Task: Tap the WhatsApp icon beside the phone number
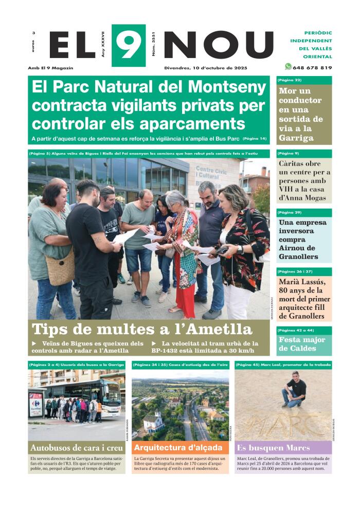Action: click(288, 67)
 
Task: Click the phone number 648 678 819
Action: click(312, 67)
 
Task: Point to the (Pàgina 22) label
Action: click(290, 80)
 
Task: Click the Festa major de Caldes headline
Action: click(302, 344)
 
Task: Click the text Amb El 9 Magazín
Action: click(51, 68)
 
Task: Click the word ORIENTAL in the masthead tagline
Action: click(317, 57)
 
